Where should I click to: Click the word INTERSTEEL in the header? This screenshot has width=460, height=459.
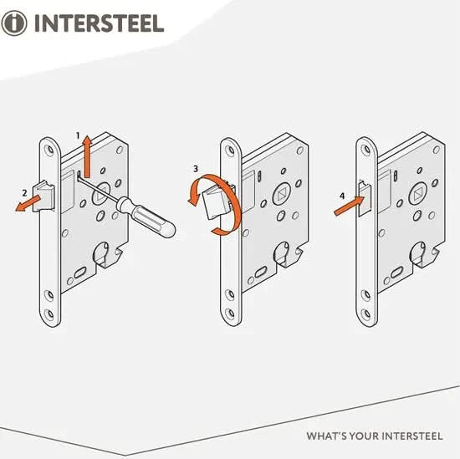(x=98, y=22)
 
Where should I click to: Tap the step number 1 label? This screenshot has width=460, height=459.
(x=78, y=135)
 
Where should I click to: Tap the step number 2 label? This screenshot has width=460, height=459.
(x=26, y=193)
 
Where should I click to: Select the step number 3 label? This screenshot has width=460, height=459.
(x=196, y=168)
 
